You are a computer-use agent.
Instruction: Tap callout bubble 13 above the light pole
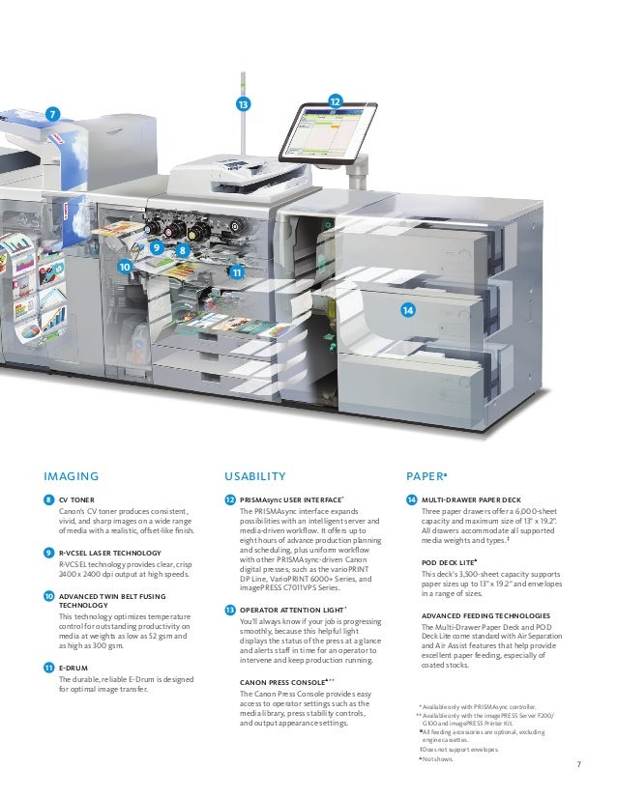tap(242, 103)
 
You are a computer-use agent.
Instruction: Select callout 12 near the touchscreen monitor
tap(335, 101)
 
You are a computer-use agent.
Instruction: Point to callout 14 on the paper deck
tap(408, 309)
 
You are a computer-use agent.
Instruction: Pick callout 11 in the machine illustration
tap(236, 273)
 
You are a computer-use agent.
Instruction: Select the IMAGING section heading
tap(72, 475)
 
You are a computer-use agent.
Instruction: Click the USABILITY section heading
tap(255, 475)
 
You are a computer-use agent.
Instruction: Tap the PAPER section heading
tap(426, 475)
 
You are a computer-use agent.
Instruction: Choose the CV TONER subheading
tap(76, 499)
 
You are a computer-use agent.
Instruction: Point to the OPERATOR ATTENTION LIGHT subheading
tap(293, 610)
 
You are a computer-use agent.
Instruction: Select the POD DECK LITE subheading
tap(451, 560)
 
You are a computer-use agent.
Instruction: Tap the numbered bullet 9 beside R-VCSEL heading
tap(48, 552)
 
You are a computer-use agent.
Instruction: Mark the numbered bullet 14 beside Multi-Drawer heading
tap(412, 499)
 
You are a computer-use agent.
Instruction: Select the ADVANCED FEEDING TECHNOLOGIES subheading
tap(486, 615)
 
